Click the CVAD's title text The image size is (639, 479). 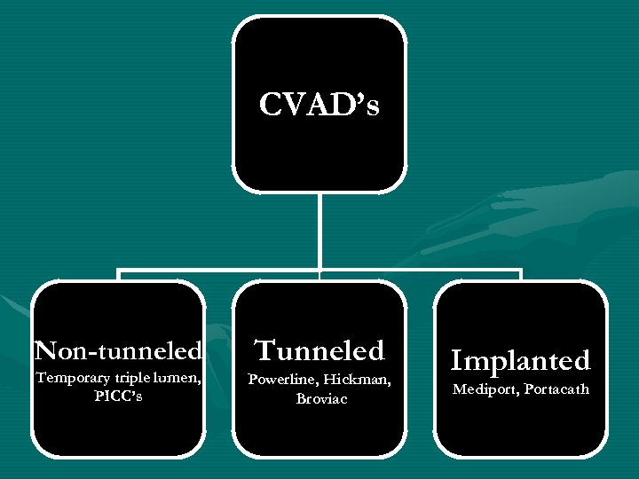click(319, 106)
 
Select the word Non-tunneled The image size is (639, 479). click(117, 350)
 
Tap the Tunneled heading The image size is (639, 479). click(319, 350)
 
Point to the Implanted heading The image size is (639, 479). click(520, 360)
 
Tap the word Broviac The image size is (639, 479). click(319, 398)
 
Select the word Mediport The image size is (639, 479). click(485, 389)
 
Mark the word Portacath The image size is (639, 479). click(556, 389)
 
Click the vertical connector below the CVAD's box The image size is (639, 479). click(319, 231)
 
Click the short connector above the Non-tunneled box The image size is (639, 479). click(118, 275)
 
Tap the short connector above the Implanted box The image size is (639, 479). click(521, 275)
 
